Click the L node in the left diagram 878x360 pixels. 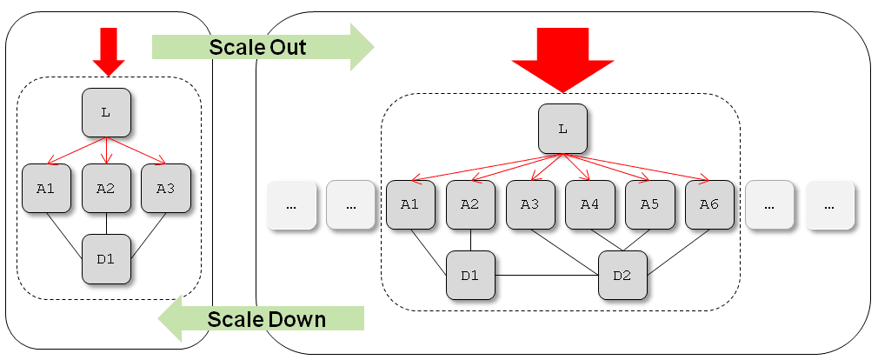click(106, 112)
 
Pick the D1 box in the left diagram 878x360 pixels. click(106, 259)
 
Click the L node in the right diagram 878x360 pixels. click(562, 129)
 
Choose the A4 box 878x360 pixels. click(590, 204)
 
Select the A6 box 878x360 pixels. click(709, 204)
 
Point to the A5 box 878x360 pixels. click(649, 204)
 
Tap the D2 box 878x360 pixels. click(622, 276)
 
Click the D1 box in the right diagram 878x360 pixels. click(470, 276)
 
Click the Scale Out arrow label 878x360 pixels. click(257, 47)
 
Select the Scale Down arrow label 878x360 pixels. click(266, 319)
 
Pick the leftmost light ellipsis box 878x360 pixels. click(291, 205)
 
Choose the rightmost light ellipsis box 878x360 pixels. click(829, 205)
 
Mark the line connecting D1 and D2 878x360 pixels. click(546, 276)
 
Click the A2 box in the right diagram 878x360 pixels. click(470, 204)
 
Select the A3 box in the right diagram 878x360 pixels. click(530, 204)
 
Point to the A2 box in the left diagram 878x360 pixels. click(106, 188)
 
